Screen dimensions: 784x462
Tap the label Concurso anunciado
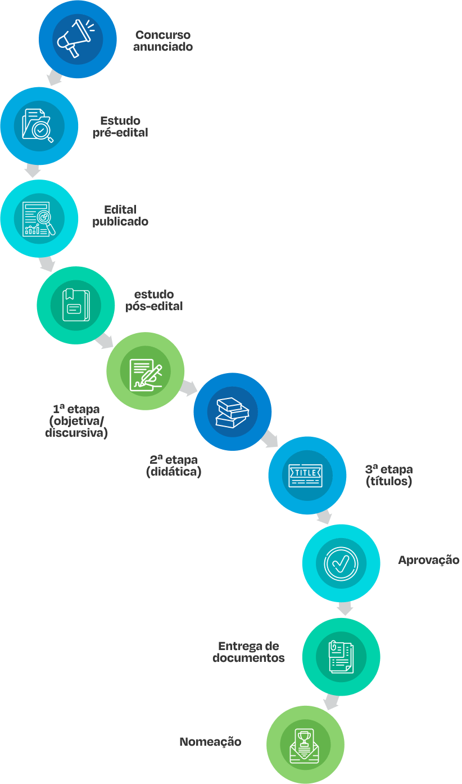click(x=163, y=41)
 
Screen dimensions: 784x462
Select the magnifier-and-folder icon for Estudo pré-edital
click(x=39, y=126)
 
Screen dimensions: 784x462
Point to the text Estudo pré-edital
click(x=120, y=127)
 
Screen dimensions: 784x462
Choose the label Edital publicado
click(x=120, y=216)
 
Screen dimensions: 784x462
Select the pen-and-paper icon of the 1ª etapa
click(x=146, y=371)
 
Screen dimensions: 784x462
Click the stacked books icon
click(x=233, y=411)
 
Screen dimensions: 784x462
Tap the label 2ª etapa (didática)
click(x=174, y=465)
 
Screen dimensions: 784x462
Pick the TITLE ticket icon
click(x=306, y=475)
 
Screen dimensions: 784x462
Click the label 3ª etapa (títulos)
click(x=389, y=475)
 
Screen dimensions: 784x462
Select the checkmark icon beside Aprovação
click(x=341, y=563)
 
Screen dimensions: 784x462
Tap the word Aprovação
click(x=428, y=560)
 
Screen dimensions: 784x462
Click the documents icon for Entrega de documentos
click(x=341, y=656)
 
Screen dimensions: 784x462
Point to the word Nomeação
click(x=210, y=742)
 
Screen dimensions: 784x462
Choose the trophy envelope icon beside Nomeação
click(x=305, y=745)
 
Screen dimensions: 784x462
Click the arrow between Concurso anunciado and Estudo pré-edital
click(x=55, y=78)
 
